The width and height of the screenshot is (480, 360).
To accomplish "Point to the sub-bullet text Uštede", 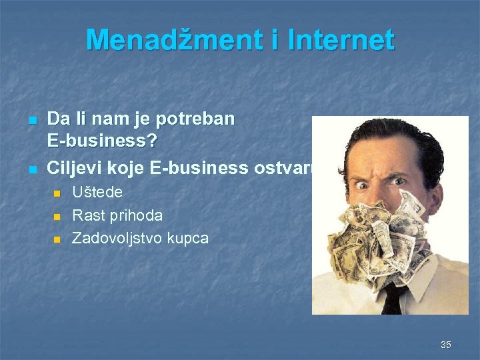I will coord(97,193).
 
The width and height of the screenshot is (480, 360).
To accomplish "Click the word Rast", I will coord(87,215).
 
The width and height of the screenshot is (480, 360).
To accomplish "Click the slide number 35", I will coord(445,345).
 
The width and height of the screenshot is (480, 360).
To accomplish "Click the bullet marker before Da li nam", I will coord(31,121).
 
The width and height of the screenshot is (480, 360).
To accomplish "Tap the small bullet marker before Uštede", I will coord(57,194).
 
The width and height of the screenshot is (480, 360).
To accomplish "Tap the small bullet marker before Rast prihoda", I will coord(57,217).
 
